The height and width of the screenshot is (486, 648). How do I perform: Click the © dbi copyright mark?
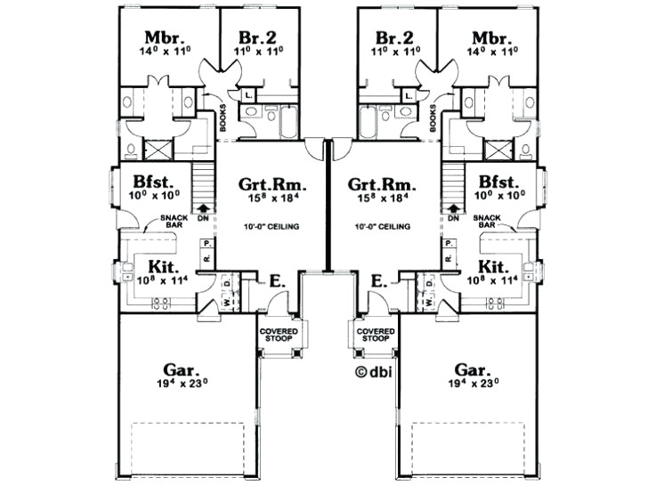(x=374, y=373)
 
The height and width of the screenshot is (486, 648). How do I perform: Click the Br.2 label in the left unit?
(x=257, y=38)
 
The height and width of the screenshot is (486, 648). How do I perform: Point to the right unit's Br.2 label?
(x=393, y=38)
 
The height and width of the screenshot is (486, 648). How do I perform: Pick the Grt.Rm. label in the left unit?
(x=273, y=185)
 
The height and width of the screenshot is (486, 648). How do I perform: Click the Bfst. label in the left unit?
(x=146, y=180)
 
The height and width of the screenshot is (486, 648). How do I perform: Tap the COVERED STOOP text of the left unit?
(x=279, y=335)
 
